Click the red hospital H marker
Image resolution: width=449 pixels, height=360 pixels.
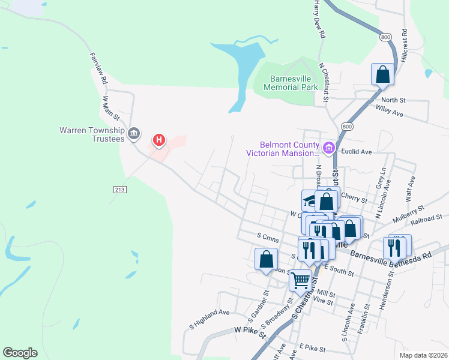[x=159, y=140]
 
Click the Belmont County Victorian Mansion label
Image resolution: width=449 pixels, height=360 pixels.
[x=282, y=148]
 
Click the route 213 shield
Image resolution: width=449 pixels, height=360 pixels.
[x=118, y=189]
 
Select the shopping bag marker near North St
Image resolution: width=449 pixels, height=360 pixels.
[x=382, y=75]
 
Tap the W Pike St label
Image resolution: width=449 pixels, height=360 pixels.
[x=250, y=330]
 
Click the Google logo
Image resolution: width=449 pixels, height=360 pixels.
[x=20, y=352]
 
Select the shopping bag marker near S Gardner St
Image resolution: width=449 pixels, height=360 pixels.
[x=267, y=259]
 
